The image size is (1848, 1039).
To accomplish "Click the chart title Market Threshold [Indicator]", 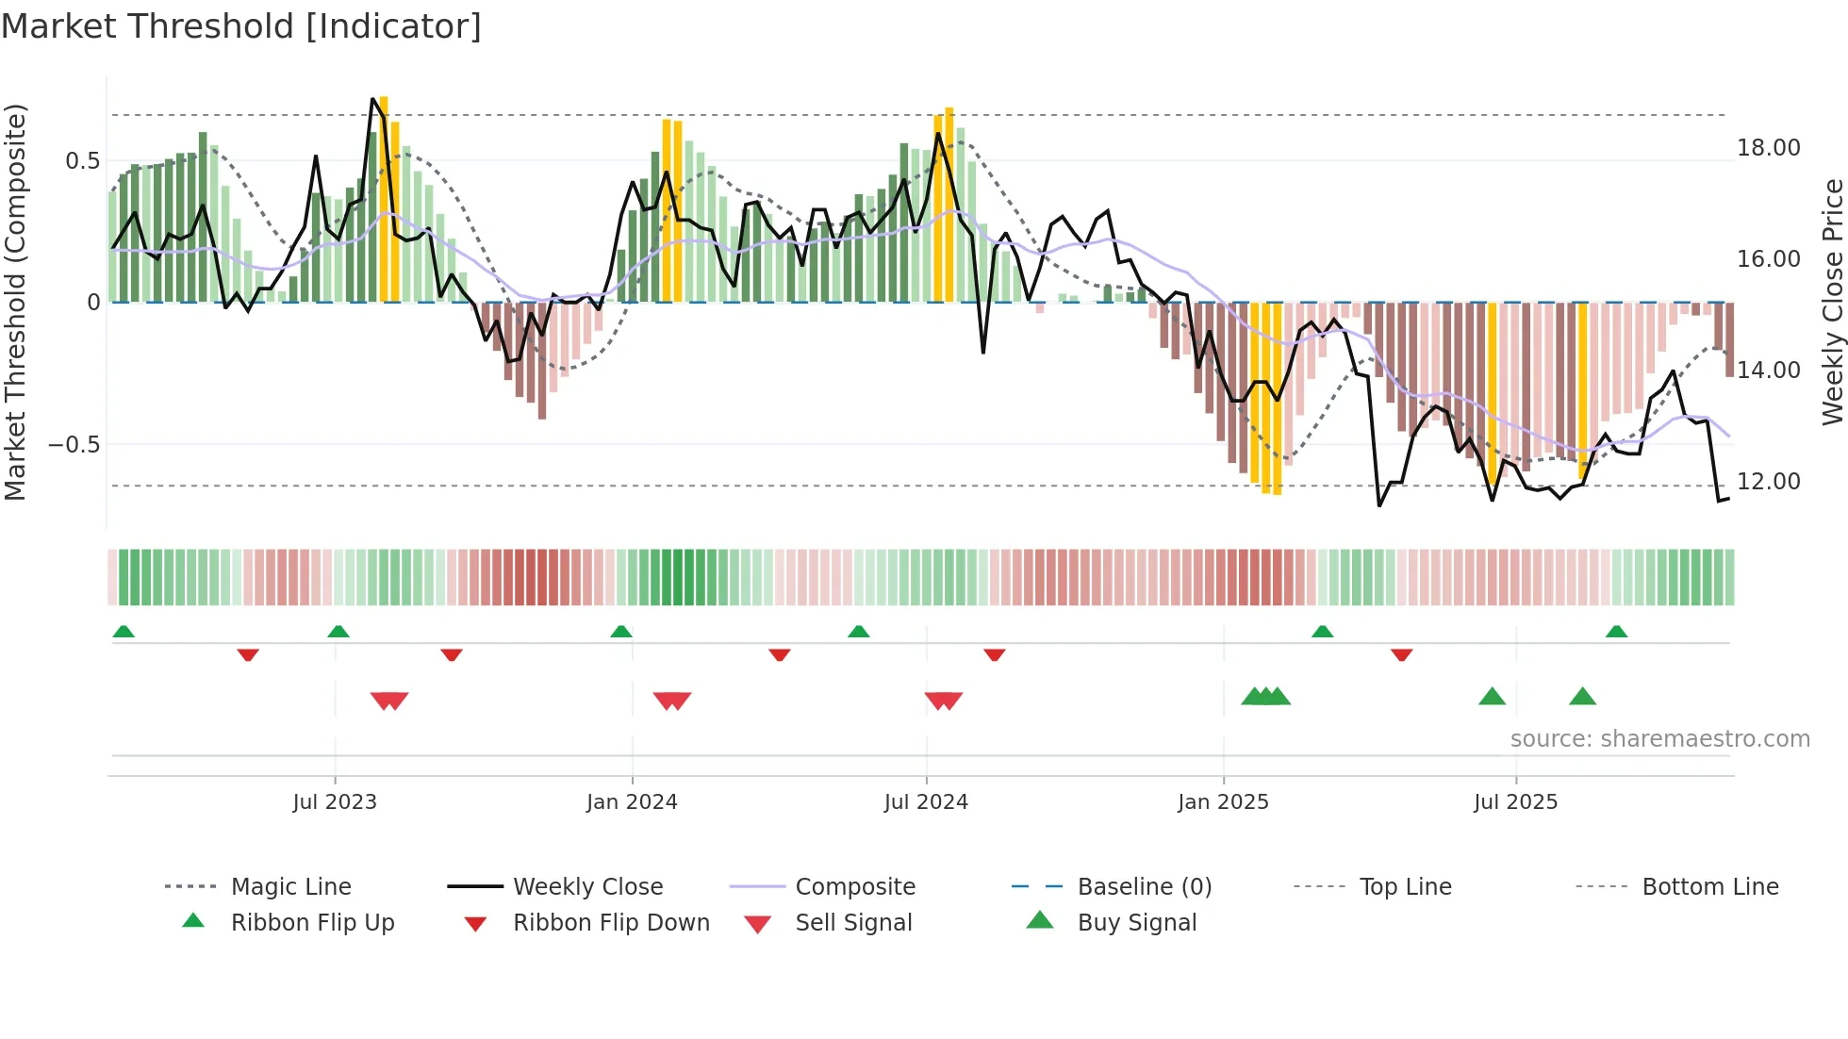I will click(x=241, y=26).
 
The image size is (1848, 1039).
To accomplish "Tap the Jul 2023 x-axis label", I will click(x=335, y=802).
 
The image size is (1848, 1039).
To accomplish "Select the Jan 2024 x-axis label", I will click(x=632, y=802).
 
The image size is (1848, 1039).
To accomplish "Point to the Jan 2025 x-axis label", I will click(x=1223, y=802).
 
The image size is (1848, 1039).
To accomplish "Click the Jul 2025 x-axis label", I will click(x=1515, y=802).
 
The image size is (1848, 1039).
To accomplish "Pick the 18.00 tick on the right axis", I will click(x=1768, y=148).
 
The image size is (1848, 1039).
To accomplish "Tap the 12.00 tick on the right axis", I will click(x=1768, y=482).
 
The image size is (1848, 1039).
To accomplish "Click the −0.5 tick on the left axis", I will click(x=74, y=444).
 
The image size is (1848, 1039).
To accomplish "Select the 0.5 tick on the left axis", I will click(x=82, y=161).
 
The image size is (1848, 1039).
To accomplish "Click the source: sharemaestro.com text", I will click(x=1659, y=739).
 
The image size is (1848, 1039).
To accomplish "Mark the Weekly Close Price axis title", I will click(x=1832, y=302).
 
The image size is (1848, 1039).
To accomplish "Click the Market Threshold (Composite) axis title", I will click(x=15, y=302).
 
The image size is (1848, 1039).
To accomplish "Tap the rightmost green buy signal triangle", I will click(x=1582, y=697).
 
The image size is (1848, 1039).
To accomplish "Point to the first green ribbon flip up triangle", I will click(x=124, y=632).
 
